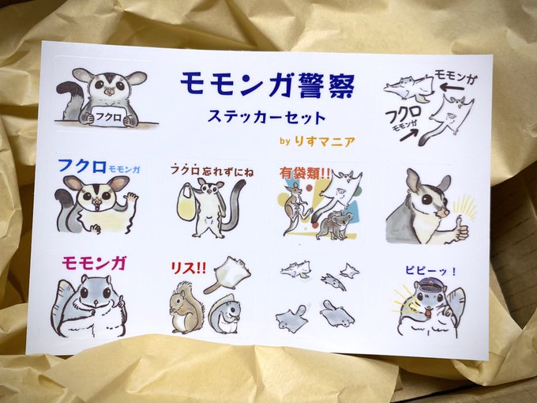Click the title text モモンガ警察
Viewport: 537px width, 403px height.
click(268, 85)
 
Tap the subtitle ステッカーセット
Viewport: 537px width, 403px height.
click(266, 117)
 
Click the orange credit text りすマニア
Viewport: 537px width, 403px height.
click(325, 141)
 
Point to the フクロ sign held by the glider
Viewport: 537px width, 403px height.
click(108, 117)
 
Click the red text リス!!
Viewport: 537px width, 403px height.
click(188, 268)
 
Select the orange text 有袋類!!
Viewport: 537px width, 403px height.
click(305, 173)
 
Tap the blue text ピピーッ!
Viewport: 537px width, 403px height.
click(430, 271)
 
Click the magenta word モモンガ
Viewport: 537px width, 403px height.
click(94, 263)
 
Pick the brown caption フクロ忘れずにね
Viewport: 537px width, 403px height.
click(212, 171)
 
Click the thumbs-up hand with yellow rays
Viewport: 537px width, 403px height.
click(460, 228)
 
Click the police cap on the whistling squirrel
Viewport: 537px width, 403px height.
click(426, 284)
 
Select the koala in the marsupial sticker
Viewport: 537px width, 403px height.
click(335, 224)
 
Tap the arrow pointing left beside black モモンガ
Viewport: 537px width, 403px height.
click(452, 88)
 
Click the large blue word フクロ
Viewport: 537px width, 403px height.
click(82, 166)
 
